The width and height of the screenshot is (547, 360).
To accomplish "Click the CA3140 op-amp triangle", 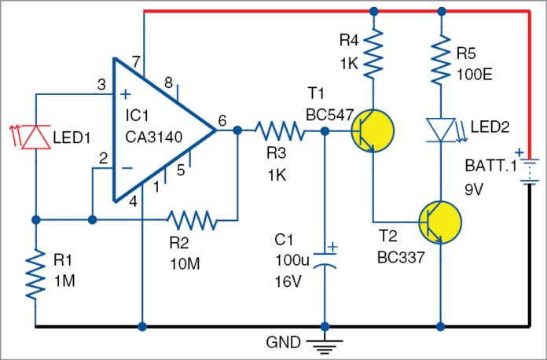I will click(157, 130).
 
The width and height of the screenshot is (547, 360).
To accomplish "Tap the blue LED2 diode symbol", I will click(440, 129).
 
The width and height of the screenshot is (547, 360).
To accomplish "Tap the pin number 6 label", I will click(221, 120).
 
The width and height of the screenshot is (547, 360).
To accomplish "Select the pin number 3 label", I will click(101, 84).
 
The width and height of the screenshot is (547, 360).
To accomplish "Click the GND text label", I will click(284, 343).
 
